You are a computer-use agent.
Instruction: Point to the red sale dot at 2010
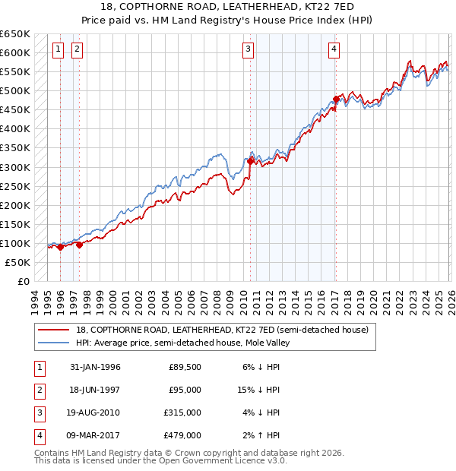pos(251,161)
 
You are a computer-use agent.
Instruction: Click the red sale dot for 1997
pos(79,245)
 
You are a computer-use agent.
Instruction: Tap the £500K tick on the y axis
pos(14,91)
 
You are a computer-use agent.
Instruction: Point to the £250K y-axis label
pos(14,186)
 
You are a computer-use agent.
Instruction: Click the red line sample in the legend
pos(54,330)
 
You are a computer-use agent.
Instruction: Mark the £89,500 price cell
pos(184,367)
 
